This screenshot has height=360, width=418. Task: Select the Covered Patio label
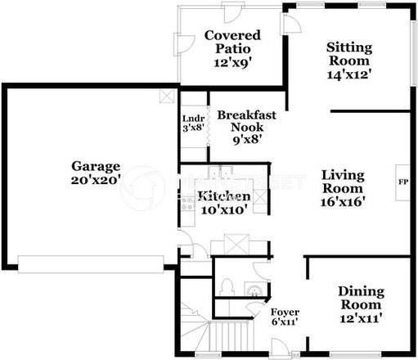point(231,42)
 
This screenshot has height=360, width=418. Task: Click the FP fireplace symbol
point(402,182)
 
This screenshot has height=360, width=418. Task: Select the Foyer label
point(285,313)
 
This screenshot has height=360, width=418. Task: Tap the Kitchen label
point(222,197)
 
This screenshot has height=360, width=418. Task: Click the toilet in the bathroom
point(229,286)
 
